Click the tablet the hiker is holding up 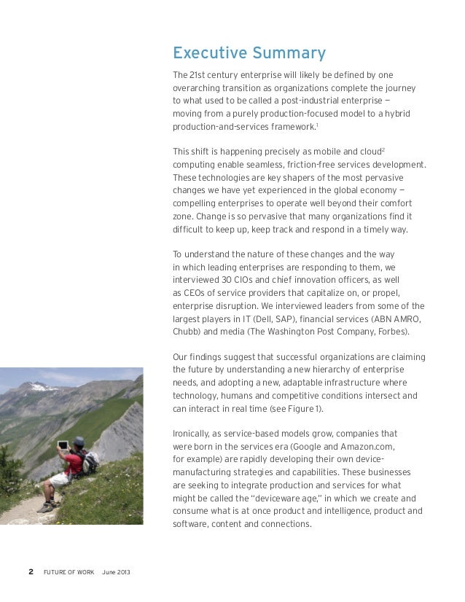[x=64, y=445]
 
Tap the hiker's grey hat [x=79, y=441]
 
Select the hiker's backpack [x=90, y=462]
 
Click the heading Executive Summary [x=249, y=53]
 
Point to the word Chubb [x=186, y=332]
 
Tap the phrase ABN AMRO [x=396, y=318]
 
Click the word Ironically [x=195, y=432]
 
